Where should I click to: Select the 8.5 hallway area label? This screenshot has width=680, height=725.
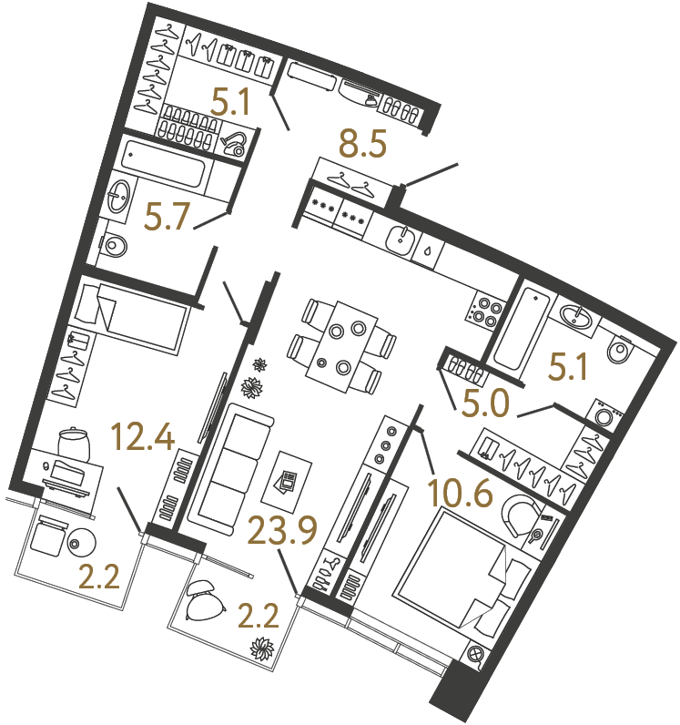point(362,143)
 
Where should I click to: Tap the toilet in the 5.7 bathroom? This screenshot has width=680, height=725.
point(114,244)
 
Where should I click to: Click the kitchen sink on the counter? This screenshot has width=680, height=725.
point(401,240)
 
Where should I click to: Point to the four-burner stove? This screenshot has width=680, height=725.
point(485,310)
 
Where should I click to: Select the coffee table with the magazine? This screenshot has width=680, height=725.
point(288,480)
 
